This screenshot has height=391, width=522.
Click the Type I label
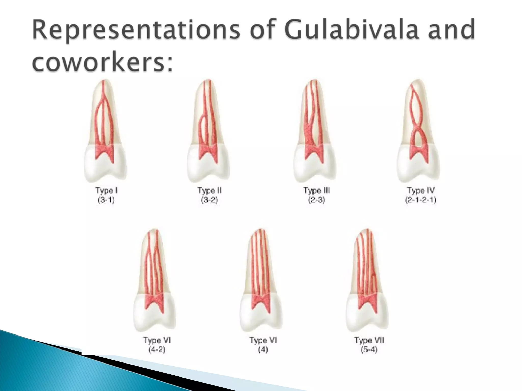(106, 191)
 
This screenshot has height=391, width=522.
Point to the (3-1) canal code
(106, 200)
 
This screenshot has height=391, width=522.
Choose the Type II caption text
(210, 191)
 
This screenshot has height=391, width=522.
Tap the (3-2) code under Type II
(210, 200)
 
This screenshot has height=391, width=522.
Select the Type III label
(317, 191)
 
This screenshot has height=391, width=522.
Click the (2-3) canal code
(317, 200)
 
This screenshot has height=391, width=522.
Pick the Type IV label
(421, 191)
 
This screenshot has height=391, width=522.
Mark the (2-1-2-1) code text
(421, 200)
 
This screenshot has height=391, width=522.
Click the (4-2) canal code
(157, 350)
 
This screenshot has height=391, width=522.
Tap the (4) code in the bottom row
(263, 350)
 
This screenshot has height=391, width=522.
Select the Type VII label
(369, 340)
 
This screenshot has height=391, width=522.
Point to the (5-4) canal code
(369, 350)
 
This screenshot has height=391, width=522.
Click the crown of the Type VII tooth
(367, 318)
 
